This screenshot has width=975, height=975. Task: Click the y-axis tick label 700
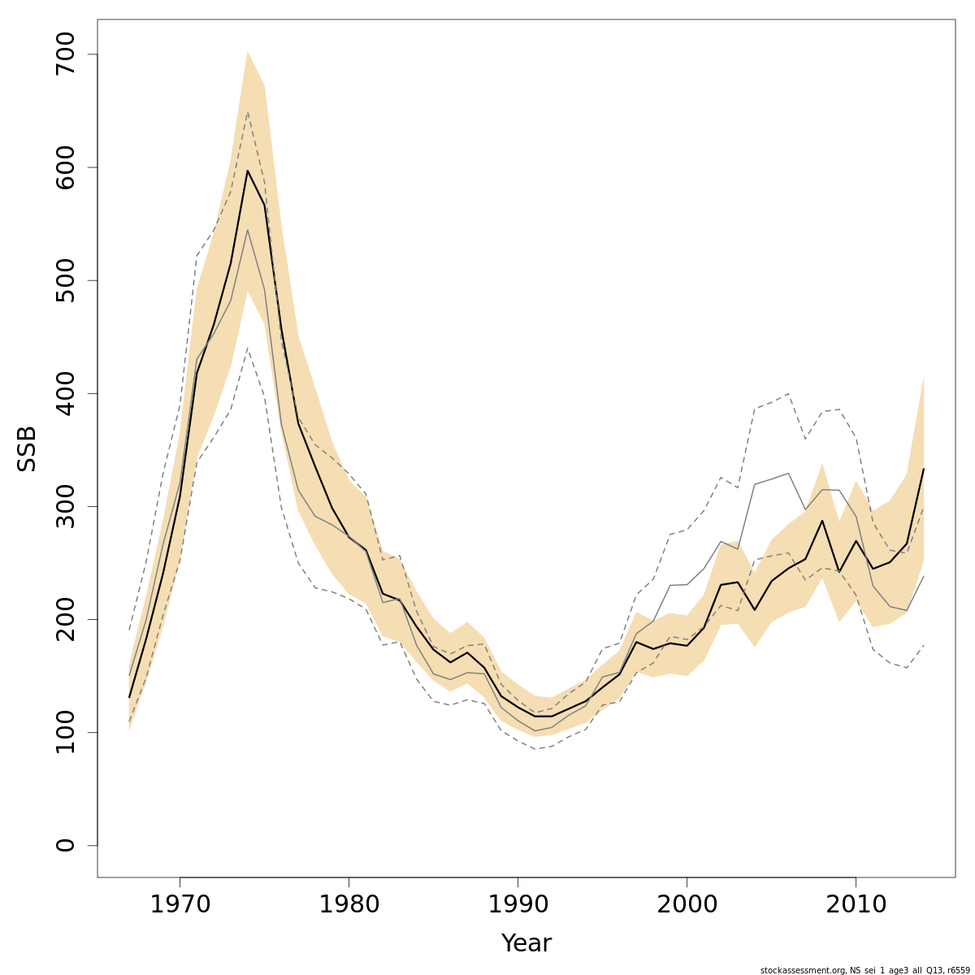pos(65,54)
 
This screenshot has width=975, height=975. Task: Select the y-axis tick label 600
pos(65,167)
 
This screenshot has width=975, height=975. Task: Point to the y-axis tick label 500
pos(65,280)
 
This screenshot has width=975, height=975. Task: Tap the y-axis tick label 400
pos(65,393)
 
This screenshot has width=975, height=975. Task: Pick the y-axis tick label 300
pos(65,506)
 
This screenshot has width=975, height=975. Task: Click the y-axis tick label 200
pos(65,619)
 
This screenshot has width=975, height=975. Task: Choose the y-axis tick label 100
pos(65,732)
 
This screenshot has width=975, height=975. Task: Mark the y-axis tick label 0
pos(65,845)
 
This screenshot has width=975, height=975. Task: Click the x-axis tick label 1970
pos(180,905)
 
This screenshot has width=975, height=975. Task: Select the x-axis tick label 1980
pos(349,905)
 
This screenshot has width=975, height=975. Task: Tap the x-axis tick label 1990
pos(518,905)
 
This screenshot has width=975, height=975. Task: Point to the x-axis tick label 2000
pos(687,905)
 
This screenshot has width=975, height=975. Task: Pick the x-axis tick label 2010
pos(856,905)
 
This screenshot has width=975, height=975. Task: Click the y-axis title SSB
pos(28,448)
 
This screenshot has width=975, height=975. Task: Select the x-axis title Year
pos(526,943)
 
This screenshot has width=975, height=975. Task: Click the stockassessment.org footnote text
pos(865,970)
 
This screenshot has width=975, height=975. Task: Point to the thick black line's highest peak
pos(247,171)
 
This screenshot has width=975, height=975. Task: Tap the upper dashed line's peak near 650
pos(247,112)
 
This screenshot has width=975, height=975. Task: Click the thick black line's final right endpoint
pos(923,469)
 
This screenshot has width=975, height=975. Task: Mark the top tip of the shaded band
pos(247,50)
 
